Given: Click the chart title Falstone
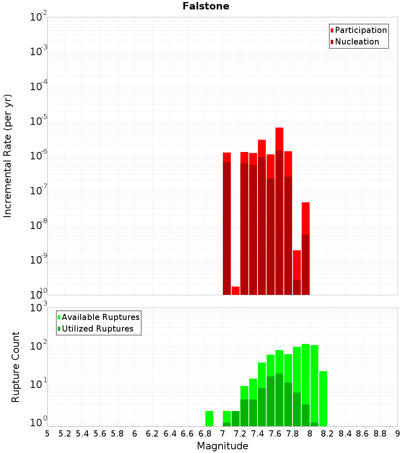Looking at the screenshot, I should (206, 6).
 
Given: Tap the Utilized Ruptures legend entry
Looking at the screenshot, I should (97, 329).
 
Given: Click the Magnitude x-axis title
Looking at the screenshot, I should (222, 446).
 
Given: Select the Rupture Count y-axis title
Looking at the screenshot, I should (16, 367).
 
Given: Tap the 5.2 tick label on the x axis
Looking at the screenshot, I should (65, 434).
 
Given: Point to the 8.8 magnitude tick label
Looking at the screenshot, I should (380, 434).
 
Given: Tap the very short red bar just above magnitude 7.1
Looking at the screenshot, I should (236, 291).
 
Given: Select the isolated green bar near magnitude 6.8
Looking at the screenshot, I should (209, 418).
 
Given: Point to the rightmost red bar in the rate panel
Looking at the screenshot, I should (305, 247).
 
